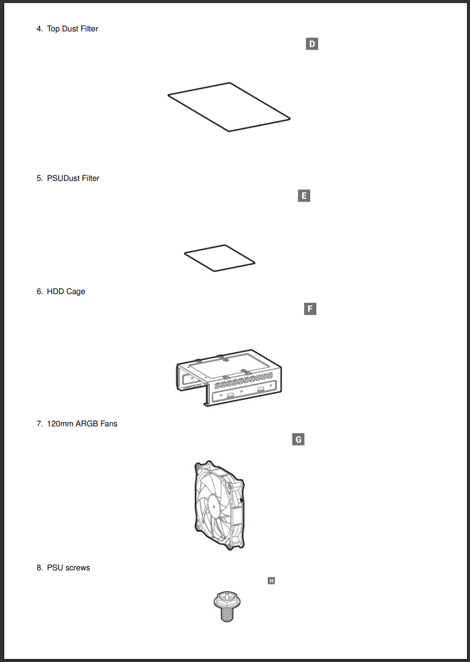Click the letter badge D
coord(312,44)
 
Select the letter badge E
coord(304,196)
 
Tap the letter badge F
coord(310,308)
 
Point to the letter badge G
coord(298,439)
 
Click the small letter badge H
coord(271,580)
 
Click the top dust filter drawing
coord(229,107)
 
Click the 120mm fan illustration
coord(217,505)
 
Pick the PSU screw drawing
coord(225,606)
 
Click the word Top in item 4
coord(53,29)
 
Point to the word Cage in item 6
coord(76,292)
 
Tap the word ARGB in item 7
coord(87,424)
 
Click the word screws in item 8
coord(77,568)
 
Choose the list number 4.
coord(39,29)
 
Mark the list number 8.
coord(39,568)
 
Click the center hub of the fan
coord(213,506)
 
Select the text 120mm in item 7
coord(60,424)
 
